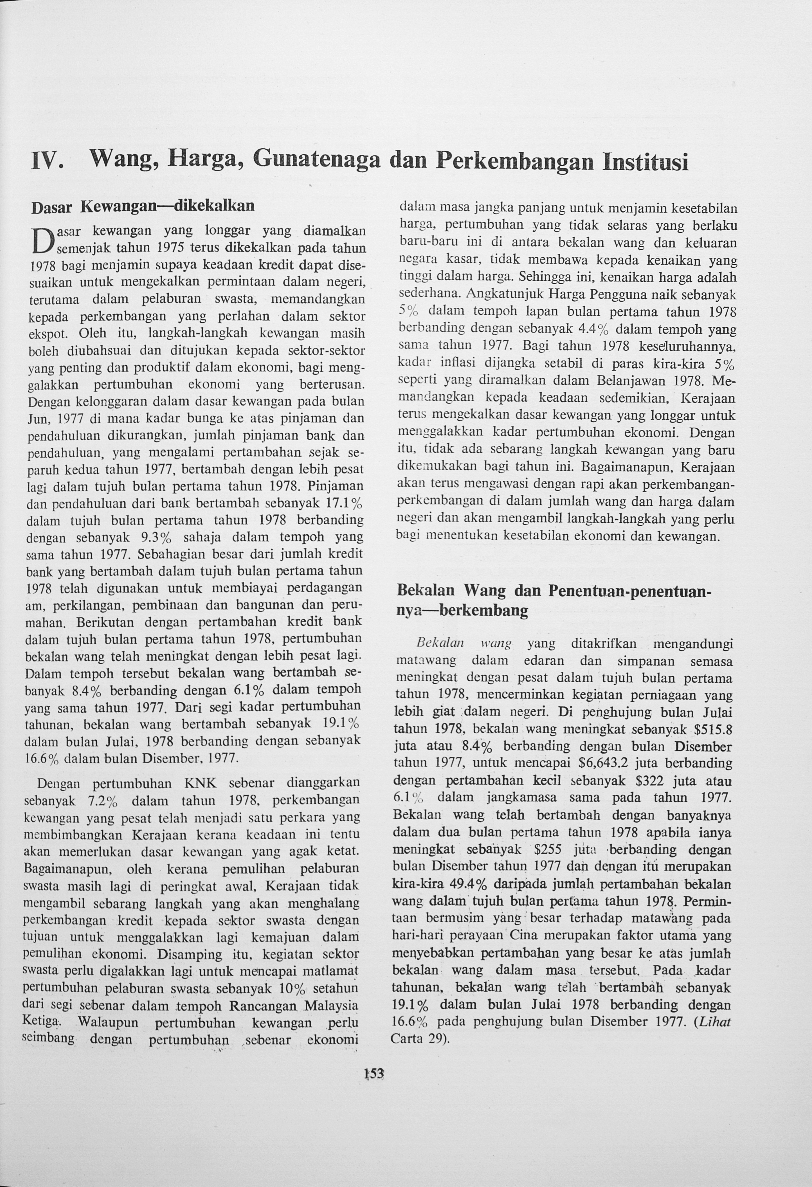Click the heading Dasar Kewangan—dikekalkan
tap(143, 207)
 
